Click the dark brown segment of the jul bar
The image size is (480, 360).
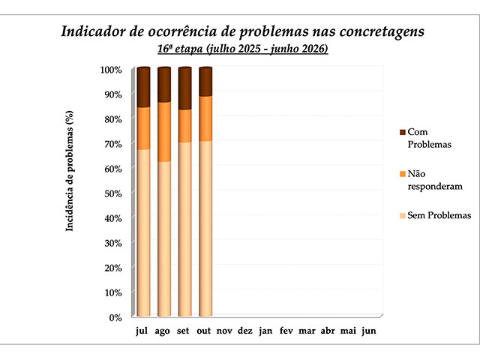[143, 88]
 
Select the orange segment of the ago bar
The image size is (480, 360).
[164, 131]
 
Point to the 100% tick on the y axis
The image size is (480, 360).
[111, 70]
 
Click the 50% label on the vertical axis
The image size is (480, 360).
[112, 193]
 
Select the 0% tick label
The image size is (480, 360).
[115, 317]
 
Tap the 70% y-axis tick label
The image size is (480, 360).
[112, 144]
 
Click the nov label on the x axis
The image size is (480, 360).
[225, 331]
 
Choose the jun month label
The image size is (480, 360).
[368, 331]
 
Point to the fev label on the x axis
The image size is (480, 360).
[286, 331]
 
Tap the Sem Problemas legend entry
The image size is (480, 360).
[439, 216]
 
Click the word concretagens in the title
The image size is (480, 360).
[375, 32]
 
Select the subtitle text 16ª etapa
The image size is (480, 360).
[180, 49]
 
